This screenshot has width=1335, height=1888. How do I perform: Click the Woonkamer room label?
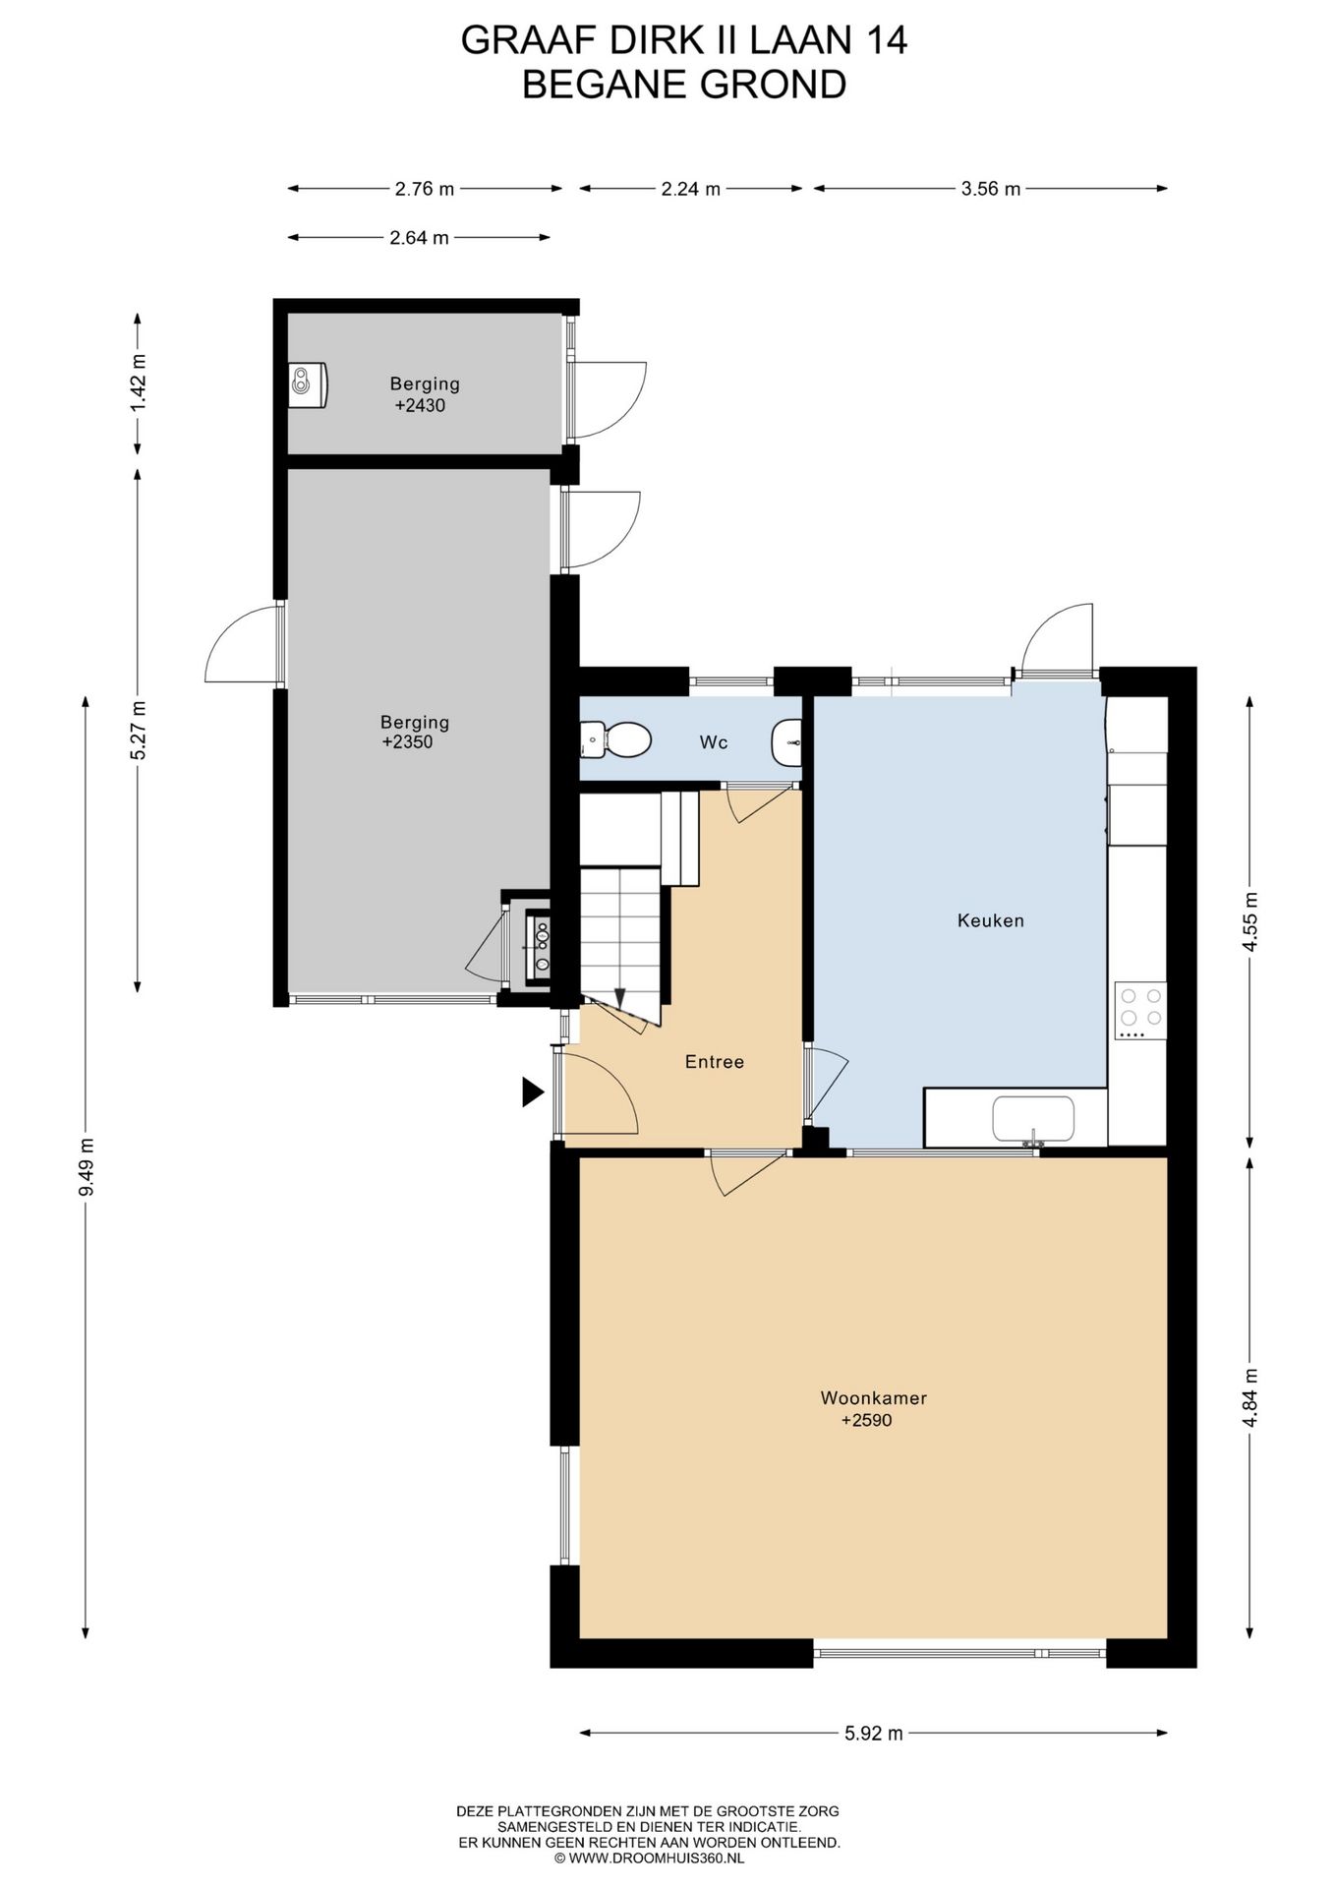(873, 1397)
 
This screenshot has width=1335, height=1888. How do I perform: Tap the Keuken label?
(991, 920)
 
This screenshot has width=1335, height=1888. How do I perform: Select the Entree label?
(715, 1061)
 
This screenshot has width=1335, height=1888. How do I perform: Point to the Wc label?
(714, 741)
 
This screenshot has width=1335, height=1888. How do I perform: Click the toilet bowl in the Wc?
(617, 739)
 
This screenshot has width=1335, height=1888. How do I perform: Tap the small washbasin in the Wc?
(787, 742)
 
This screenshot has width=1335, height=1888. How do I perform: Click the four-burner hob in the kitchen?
(1140, 1011)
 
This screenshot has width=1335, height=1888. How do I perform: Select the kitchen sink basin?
(1033, 1120)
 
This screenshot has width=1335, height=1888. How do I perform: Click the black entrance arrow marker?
(532, 1091)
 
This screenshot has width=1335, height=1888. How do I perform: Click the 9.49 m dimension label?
(87, 1166)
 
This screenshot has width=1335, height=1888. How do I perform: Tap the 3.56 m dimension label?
(991, 189)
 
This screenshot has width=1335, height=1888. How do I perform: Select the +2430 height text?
(420, 405)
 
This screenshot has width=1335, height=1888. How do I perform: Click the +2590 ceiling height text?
(866, 1420)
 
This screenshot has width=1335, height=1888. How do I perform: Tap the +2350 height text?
(407, 742)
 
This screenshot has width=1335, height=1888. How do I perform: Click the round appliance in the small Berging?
(308, 383)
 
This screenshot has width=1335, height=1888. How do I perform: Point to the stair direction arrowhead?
(621, 997)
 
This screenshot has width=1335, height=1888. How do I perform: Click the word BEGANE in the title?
(604, 86)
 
